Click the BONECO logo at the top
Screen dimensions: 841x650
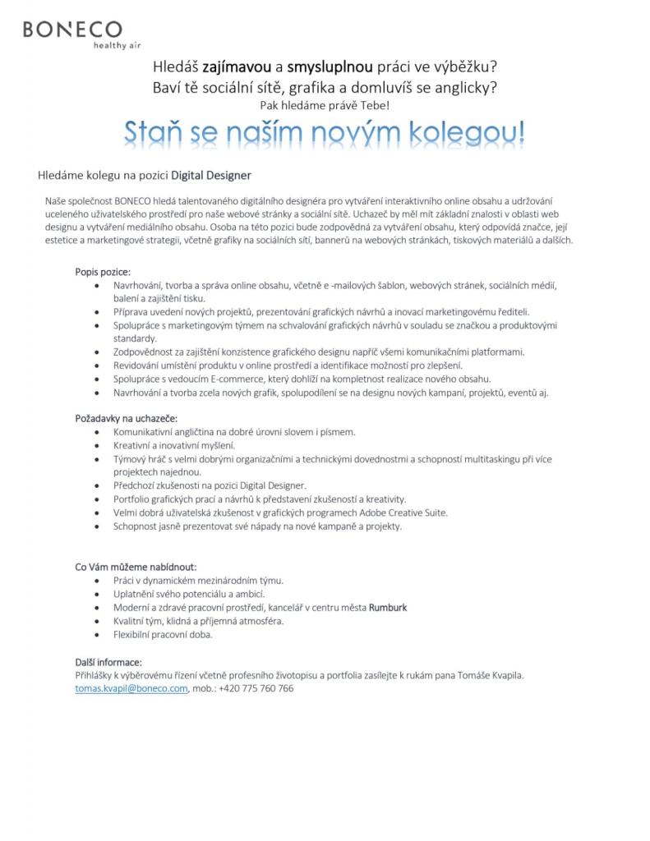pos(72,30)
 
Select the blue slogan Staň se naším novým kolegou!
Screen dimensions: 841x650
pos(325,132)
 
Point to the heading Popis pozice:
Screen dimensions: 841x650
pos(103,272)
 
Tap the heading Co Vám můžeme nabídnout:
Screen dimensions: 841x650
pos(136,567)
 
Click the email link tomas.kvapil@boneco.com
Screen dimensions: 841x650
pos(131,688)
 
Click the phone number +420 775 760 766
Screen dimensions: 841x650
pos(256,688)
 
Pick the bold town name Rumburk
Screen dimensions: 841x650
pos(388,608)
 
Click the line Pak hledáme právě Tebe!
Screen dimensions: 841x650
pos(325,105)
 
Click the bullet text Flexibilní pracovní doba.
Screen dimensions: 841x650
pos(163,635)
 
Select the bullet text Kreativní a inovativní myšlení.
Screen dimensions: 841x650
pos(174,445)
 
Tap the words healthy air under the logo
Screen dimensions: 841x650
pos(117,46)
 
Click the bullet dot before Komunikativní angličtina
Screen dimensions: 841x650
pos(99,432)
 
